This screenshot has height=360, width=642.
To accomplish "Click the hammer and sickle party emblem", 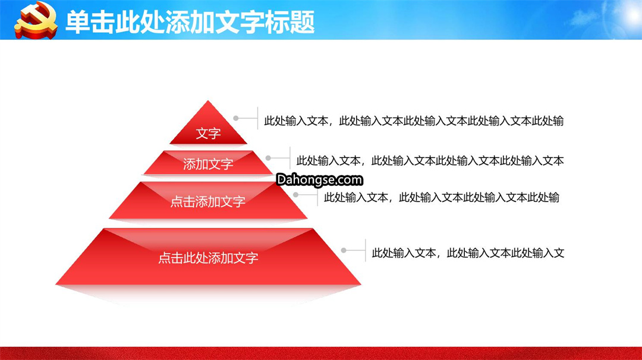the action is pyautogui.click(x=36, y=20).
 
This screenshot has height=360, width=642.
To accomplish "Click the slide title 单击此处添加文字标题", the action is pyautogui.click(x=190, y=22).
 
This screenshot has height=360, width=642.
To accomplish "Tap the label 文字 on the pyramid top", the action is pyautogui.click(x=209, y=133).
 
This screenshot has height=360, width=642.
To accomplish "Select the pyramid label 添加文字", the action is pyautogui.click(x=208, y=164).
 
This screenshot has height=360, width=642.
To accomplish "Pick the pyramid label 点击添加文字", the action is pyautogui.click(x=208, y=201).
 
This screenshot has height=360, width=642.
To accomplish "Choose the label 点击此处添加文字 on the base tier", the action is pyautogui.click(x=208, y=258).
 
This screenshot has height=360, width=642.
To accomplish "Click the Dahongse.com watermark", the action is pyautogui.click(x=319, y=180).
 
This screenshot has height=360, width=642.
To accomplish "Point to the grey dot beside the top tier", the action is pyautogui.click(x=236, y=118).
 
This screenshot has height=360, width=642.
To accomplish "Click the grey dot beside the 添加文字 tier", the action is pyautogui.click(x=268, y=158).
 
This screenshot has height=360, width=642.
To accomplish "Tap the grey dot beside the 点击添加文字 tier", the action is pyautogui.click(x=295, y=195).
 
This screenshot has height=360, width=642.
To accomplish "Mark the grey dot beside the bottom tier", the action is pyautogui.click(x=344, y=250).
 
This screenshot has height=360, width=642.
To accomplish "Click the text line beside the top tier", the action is pyautogui.click(x=414, y=121).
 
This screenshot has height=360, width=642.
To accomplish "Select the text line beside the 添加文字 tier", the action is pyautogui.click(x=430, y=161).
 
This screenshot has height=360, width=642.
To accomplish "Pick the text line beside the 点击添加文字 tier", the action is pyautogui.click(x=441, y=198).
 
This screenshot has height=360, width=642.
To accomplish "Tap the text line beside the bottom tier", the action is pyautogui.click(x=468, y=253).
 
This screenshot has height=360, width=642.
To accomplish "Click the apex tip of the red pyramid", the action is pyautogui.click(x=208, y=100).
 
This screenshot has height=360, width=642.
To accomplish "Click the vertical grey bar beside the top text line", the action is pyautogui.click(x=257, y=118).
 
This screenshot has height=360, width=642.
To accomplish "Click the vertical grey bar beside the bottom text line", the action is pyautogui.click(x=365, y=250).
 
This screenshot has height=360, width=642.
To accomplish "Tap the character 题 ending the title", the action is pyautogui.click(x=303, y=22).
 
